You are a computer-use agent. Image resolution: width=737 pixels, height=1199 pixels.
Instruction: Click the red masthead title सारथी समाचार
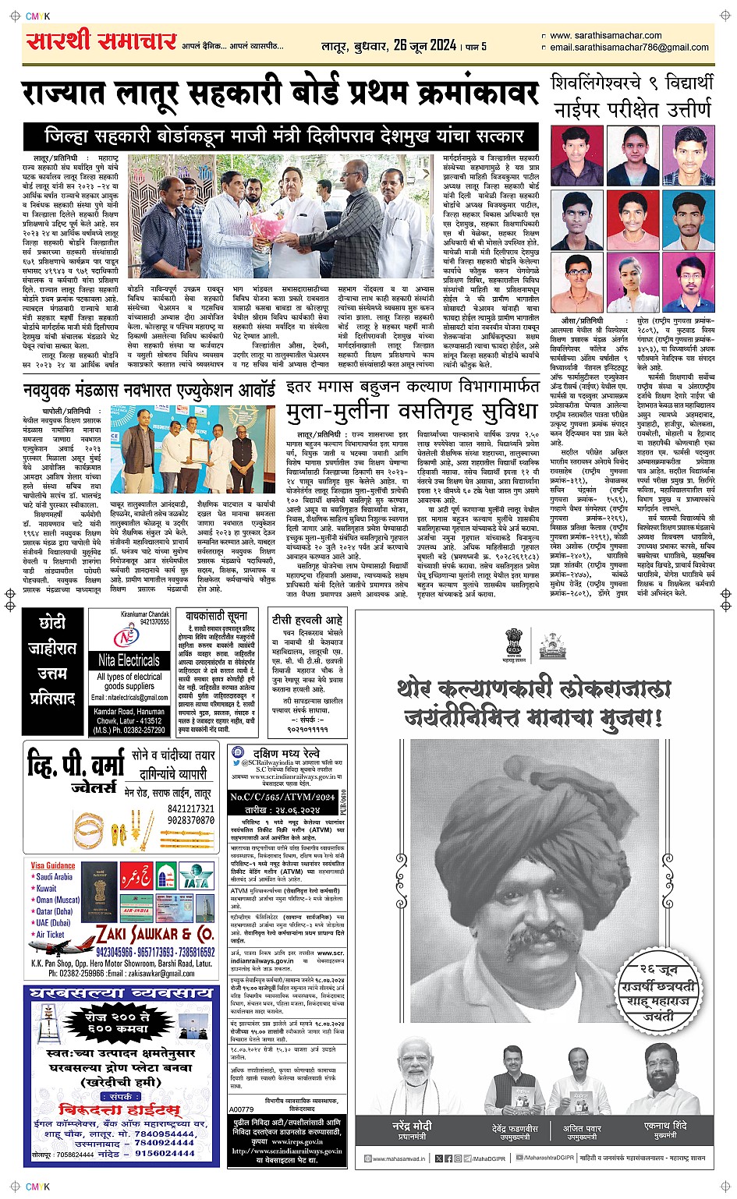click(x=101, y=41)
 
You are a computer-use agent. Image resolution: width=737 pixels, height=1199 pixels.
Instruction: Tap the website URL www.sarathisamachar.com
click(x=605, y=35)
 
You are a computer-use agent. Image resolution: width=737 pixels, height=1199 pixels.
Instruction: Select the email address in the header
click(x=629, y=48)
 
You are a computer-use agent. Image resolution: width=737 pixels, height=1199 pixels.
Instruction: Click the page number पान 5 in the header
click(x=476, y=47)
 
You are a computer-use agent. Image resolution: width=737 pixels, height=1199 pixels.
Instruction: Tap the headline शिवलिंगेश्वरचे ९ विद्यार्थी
click(x=632, y=83)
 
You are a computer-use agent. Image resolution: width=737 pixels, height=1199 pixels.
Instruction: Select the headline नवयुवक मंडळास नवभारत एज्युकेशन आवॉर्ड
click(x=149, y=389)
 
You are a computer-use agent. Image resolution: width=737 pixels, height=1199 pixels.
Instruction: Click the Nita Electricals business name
click(x=129, y=660)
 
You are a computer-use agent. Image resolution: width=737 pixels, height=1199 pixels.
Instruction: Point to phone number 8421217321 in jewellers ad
click(x=191, y=809)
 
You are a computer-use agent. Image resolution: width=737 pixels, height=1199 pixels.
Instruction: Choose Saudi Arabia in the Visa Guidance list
click(x=54, y=877)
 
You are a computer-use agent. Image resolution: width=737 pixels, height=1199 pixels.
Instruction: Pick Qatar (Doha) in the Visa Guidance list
click(x=55, y=911)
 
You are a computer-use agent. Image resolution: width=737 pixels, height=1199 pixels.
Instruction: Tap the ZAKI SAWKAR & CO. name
click(x=155, y=934)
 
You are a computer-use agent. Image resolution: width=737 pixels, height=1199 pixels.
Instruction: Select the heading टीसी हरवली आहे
click(x=306, y=620)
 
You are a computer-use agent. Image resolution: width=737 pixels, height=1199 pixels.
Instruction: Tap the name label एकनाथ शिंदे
click(x=665, y=1126)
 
